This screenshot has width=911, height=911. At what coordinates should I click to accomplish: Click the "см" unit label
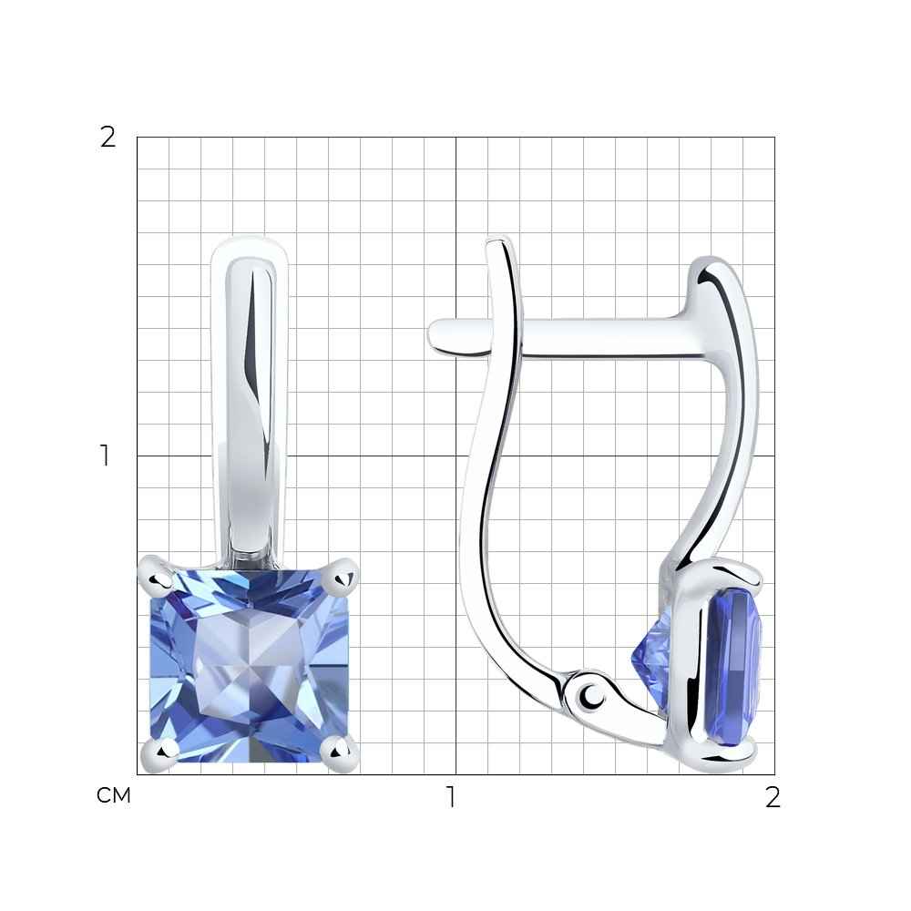click(x=114, y=796)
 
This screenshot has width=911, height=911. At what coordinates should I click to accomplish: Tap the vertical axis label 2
click(x=108, y=138)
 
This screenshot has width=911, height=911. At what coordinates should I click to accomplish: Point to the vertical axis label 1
click(x=105, y=455)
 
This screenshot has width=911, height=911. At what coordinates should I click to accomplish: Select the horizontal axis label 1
click(x=451, y=797)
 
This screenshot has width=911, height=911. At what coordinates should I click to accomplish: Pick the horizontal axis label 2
click(x=773, y=797)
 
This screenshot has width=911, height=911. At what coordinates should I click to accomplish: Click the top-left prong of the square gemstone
click(x=155, y=573)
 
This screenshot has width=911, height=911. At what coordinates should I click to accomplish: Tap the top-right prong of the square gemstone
click(x=343, y=575)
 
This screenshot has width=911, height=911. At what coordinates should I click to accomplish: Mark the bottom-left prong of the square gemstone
click(x=159, y=754)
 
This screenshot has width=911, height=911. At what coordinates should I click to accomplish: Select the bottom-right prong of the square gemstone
click(x=341, y=753)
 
